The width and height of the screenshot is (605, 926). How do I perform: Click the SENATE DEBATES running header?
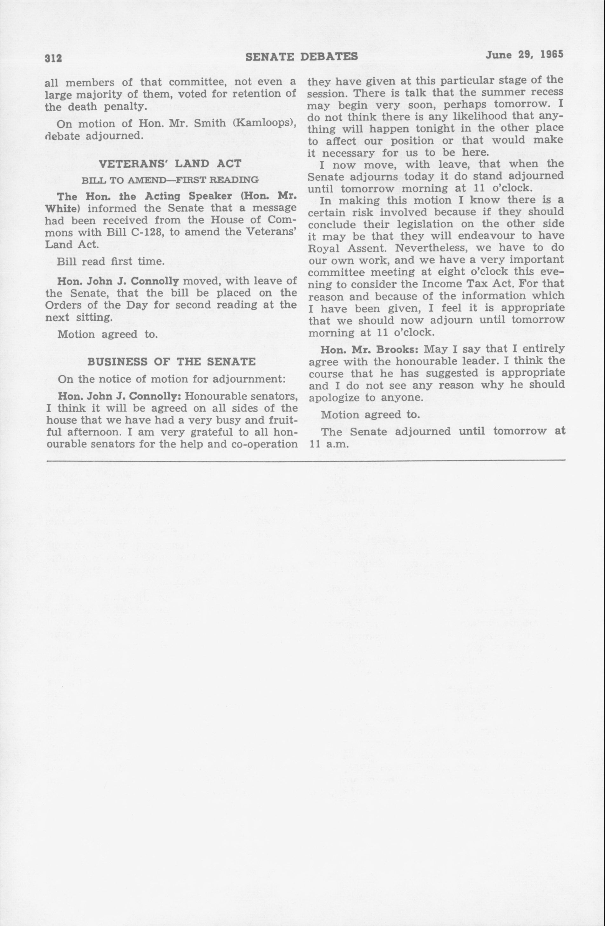coord(302,57)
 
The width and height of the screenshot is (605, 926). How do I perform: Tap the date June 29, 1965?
coord(524,55)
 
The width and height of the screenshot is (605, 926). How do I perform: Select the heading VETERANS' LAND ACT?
coord(171,164)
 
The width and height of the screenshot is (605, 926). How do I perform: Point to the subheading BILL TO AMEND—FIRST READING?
coord(170,180)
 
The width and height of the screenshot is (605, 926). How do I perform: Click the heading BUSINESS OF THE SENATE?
coord(171,362)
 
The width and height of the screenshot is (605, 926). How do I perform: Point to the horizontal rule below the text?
coord(305,461)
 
